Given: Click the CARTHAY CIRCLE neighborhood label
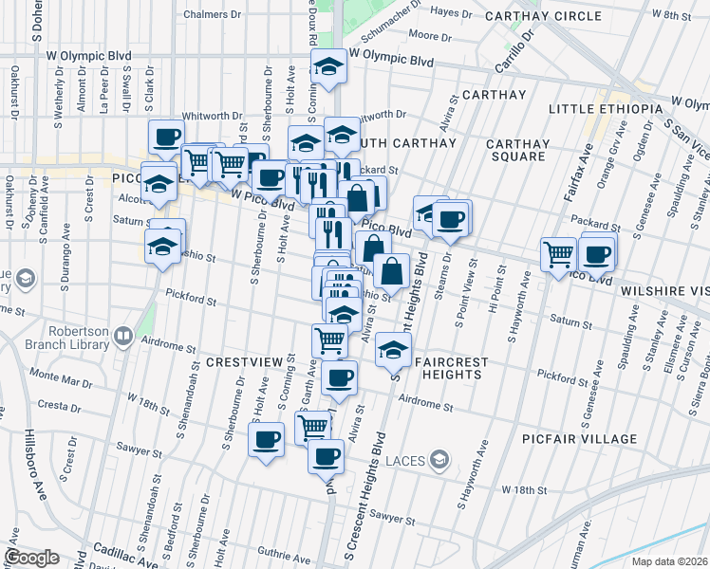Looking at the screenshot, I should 542,16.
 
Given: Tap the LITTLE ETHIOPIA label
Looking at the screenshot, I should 603,109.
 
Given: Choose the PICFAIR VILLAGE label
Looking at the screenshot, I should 579,439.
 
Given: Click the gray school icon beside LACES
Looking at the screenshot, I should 439,462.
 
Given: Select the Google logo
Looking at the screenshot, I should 31,558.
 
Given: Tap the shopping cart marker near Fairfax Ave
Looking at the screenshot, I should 558,253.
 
